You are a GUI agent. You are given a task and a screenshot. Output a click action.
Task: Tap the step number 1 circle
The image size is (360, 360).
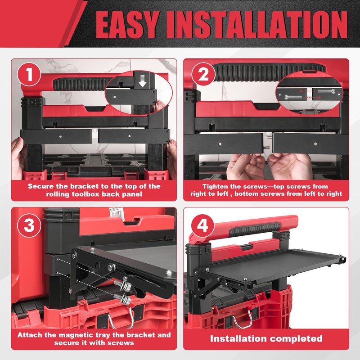(30, 76)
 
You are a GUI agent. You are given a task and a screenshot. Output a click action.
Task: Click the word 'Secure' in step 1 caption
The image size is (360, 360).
(41, 186)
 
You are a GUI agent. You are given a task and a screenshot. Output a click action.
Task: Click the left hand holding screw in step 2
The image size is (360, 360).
(245, 166)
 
